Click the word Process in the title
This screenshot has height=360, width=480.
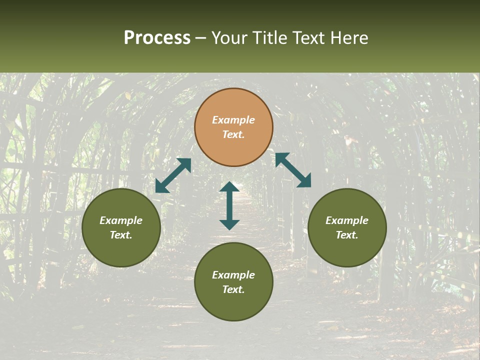coord(157,38)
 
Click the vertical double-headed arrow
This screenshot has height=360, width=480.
coord(229,205)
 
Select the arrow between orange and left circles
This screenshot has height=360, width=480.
coord(173,175)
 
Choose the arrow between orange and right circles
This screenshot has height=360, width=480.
coord(293,170)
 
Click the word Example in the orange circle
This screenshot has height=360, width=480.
coord(233,120)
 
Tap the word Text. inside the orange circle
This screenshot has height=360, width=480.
coord(233,134)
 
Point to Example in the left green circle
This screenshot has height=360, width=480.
coord(121,220)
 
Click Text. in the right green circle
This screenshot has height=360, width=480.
coord(347,235)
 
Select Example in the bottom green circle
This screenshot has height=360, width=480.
coord(233,275)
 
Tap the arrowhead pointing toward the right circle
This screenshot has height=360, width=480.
coord(303,180)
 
